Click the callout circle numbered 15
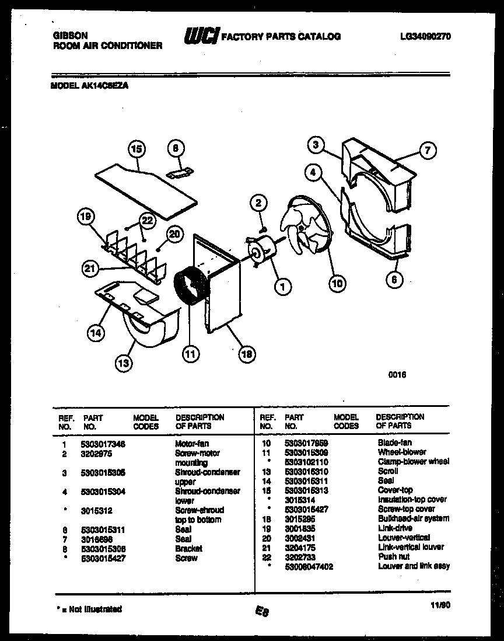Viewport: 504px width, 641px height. (136, 149)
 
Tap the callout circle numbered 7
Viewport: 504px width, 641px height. (427, 151)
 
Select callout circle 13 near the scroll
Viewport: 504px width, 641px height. (124, 363)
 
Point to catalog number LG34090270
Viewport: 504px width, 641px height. (425, 36)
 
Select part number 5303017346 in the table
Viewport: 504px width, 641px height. (104, 444)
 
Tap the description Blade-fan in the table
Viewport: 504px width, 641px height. (394, 443)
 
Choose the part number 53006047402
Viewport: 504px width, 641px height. (309, 566)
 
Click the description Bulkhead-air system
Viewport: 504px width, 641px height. (413, 518)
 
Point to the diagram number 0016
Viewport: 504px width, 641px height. (397, 375)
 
